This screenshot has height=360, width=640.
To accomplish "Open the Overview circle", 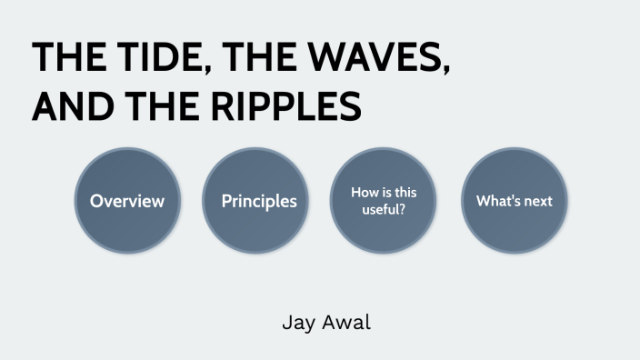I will point(127,201).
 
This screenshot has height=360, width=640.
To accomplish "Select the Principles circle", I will point(259,201).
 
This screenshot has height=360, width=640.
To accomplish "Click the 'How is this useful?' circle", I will point(384,201).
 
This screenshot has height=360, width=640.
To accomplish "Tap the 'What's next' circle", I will point(515,201).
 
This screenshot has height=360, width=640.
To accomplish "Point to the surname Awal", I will point(346,322).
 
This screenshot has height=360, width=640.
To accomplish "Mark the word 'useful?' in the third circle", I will point(384,210).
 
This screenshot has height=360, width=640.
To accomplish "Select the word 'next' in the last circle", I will point(537,201).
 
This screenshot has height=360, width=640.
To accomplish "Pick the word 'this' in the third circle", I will point(404,193).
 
